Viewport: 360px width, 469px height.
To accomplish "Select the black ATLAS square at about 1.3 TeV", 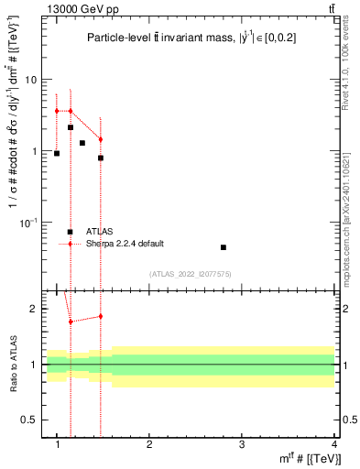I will click(x=82, y=143).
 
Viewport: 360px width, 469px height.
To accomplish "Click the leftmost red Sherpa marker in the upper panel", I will click(x=57, y=111).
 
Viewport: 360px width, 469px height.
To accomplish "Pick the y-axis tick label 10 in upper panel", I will click(x=31, y=80).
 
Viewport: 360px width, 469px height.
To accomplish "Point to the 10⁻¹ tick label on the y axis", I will click(x=28, y=222).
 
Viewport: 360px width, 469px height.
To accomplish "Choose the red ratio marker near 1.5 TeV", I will click(x=101, y=316).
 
